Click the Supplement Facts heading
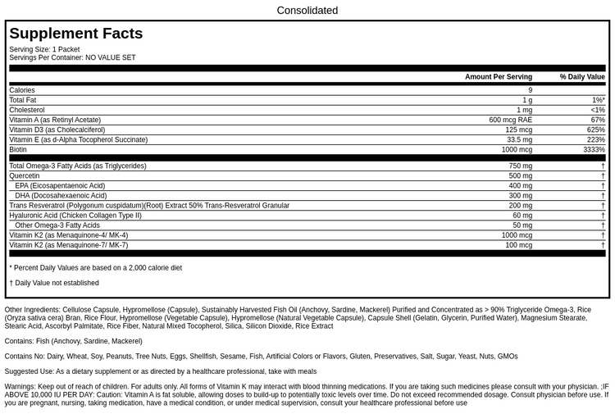point(76,34)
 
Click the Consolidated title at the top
point(307,11)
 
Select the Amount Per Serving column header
point(498,77)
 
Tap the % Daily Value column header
point(582,77)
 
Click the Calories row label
point(22,90)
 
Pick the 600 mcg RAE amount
point(510,120)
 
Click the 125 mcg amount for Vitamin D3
point(518,130)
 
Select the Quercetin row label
point(25,176)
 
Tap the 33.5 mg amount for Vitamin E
point(519,140)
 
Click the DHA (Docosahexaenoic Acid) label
point(61,196)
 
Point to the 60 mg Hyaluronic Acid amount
point(522,216)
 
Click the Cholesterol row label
point(27,110)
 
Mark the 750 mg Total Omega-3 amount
point(520,166)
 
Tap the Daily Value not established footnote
point(54,283)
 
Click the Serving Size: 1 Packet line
point(44,49)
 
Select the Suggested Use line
point(160,371)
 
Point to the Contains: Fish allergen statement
point(73,341)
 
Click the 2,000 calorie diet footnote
point(96,267)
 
